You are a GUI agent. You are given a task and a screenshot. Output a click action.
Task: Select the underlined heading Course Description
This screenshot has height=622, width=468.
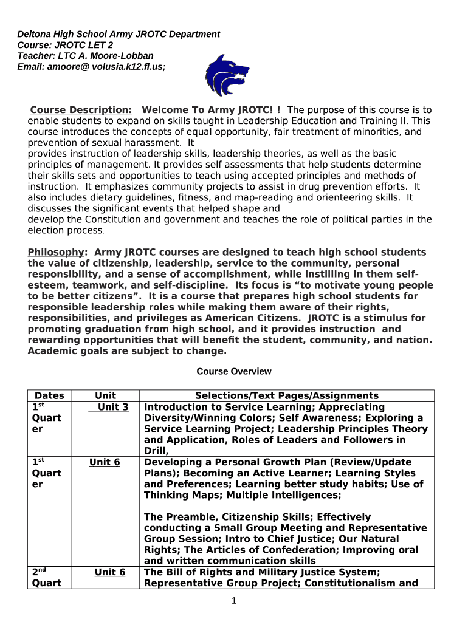(81, 110)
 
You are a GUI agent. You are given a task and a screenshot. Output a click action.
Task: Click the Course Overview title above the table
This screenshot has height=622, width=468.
(234, 371)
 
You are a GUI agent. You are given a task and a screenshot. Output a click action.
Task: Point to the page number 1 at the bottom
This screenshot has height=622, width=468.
(234, 601)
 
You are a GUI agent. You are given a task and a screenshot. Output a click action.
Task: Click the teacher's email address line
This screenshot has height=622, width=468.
(91, 67)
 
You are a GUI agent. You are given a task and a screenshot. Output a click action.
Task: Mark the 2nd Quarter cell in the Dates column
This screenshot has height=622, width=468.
(47, 578)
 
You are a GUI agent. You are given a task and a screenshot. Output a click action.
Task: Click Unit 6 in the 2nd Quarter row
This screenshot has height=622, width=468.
(110, 572)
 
